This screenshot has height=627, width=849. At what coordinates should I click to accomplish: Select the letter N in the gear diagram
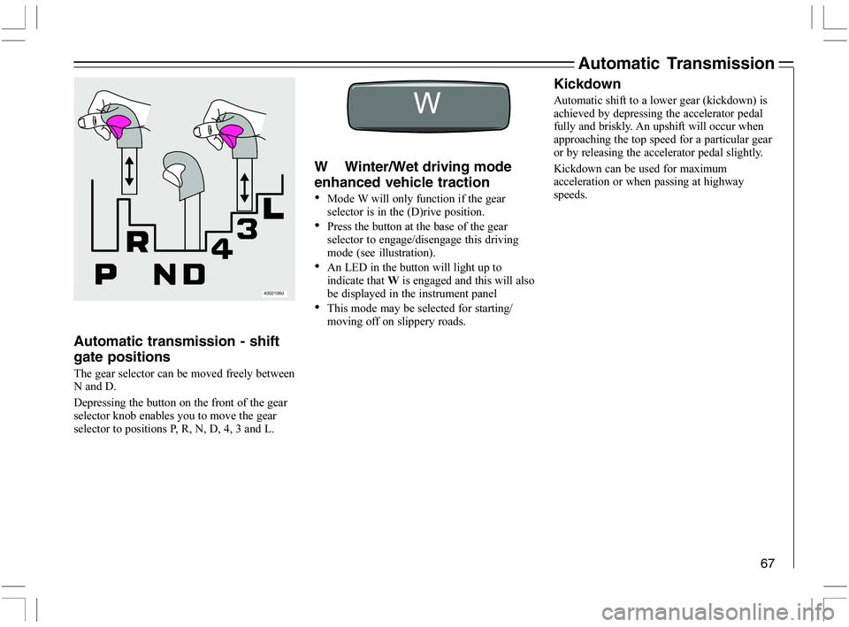[165, 276]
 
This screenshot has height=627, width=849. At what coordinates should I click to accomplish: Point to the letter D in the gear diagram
[195, 276]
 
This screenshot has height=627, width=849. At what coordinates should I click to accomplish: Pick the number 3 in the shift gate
[248, 229]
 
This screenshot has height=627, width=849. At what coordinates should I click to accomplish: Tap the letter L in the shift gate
[273, 209]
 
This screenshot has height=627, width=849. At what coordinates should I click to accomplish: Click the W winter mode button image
[428, 104]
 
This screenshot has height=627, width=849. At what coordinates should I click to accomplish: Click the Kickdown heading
[586, 84]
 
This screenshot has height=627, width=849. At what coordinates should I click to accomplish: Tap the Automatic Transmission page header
[675, 63]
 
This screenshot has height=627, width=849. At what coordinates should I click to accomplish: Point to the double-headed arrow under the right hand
[244, 188]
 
